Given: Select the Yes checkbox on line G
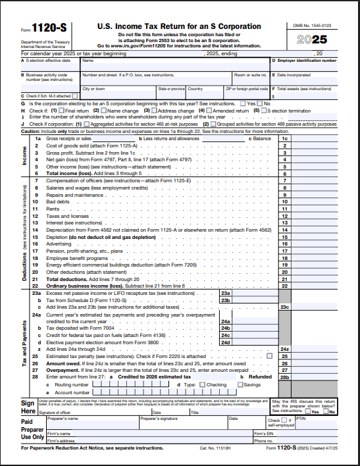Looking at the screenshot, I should pyautogui.click(x=243, y=104).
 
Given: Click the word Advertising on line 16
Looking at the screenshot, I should pyautogui.click(x=59, y=244).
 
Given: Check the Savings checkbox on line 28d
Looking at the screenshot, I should pyautogui.click(x=240, y=384).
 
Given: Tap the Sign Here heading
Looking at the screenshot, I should pyautogui.click(x=28, y=405).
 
